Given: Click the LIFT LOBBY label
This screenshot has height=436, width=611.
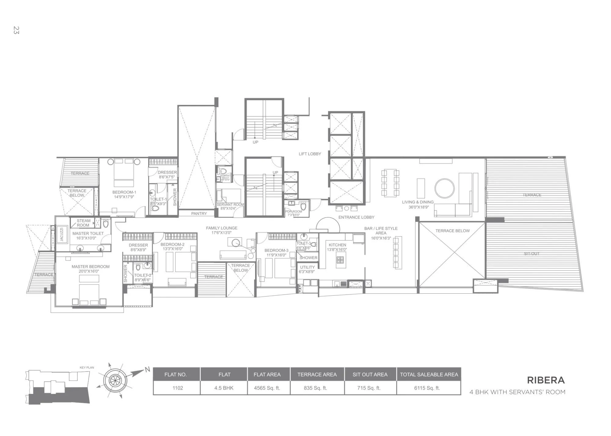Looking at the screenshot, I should click(309, 154).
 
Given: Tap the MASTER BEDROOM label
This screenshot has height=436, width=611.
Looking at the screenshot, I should click(90, 267).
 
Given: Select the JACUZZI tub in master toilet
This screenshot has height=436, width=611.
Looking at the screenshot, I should click(61, 234).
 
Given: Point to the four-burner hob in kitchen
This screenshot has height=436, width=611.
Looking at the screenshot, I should click(340, 260).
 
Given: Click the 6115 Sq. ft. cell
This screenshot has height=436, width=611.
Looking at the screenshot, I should click(427, 388).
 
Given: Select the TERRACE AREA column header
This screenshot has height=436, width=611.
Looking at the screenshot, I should click(317, 374).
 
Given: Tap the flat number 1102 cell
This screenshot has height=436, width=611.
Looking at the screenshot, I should click(177, 388).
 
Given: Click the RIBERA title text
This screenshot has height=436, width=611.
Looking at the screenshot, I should click(546, 380).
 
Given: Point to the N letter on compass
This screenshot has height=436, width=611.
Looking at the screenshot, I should click(148, 369).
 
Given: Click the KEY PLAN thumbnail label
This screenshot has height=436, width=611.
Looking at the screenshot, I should click(87, 368).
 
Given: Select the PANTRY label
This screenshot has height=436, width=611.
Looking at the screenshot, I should click(199, 214).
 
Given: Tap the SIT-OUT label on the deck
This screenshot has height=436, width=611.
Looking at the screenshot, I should click(531, 254).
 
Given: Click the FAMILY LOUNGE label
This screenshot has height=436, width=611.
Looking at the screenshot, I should click(221, 228).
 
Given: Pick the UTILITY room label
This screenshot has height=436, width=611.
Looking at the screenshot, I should click(307, 267).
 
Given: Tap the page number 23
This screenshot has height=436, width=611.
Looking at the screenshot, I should click(16, 30).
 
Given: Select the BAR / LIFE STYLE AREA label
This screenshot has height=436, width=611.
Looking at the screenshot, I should click(381, 230).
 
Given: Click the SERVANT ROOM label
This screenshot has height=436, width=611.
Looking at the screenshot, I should click(230, 204).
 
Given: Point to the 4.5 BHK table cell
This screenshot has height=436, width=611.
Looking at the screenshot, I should click(224, 388).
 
